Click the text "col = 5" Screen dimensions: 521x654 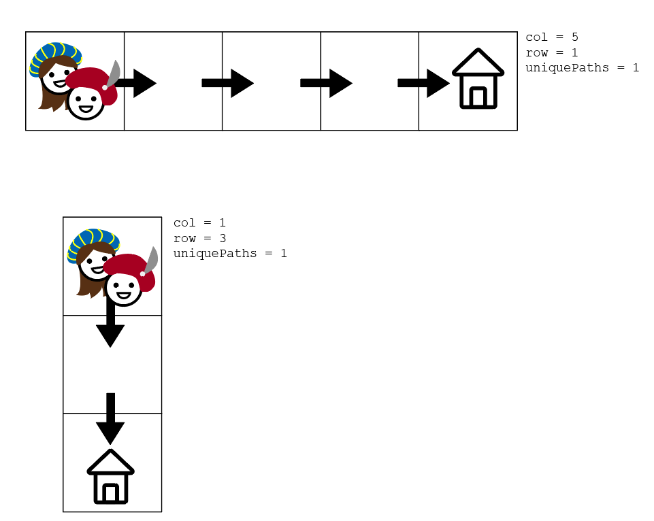551,37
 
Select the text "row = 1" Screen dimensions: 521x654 551,52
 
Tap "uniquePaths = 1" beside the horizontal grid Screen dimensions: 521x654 582,67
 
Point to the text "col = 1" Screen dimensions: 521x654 199,223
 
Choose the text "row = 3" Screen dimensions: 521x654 199,238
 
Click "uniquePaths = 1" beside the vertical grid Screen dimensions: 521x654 230,253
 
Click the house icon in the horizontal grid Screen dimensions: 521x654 478,79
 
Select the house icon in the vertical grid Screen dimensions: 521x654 111,477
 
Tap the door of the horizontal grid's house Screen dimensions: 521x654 478,97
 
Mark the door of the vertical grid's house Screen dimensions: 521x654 111,493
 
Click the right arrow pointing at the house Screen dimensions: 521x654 423,83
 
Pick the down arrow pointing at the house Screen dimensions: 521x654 110,418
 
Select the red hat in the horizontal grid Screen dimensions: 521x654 92,82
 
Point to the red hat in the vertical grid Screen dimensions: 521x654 129,267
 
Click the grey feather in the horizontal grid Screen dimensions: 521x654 114,71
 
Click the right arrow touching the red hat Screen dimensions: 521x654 138,83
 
